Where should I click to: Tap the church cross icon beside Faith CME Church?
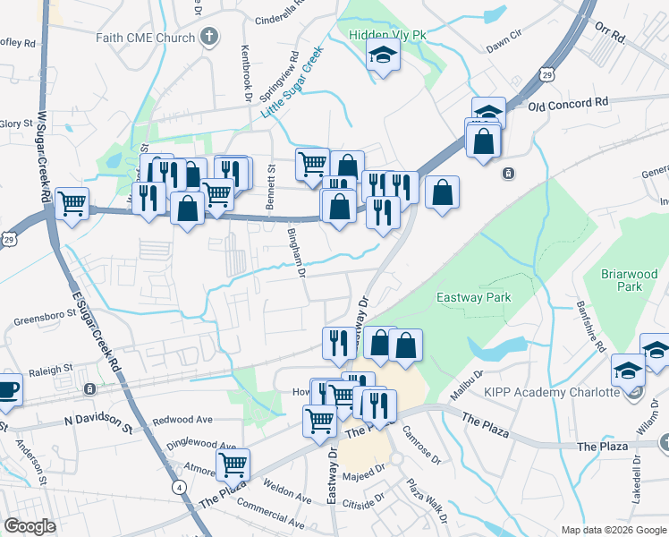(x=209, y=37)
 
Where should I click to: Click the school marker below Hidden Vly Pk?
(x=383, y=57)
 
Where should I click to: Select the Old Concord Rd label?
(x=568, y=104)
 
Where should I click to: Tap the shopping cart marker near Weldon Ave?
(x=233, y=464)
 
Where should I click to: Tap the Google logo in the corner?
(x=30, y=526)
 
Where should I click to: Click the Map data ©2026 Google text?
(x=614, y=530)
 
